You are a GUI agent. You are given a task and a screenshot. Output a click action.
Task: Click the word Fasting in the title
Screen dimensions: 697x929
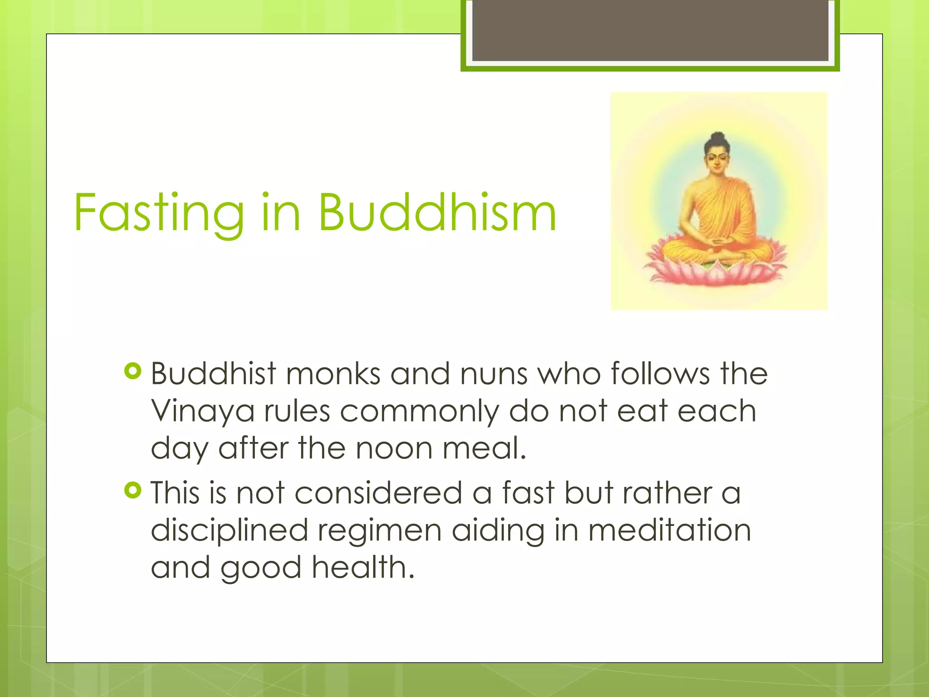click(x=159, y=213)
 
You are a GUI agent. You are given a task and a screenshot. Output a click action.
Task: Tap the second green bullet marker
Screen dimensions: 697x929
click(x=132, y=491)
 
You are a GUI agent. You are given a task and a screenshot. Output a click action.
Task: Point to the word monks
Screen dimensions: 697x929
click(x=333, y=374)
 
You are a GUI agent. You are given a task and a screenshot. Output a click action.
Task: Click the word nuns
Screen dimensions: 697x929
click(x=494, y=375)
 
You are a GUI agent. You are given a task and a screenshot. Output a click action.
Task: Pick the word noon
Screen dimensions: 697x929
click(x=394, y=448)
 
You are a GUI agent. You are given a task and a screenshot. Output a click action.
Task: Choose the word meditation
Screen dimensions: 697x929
click(x=670, y=530)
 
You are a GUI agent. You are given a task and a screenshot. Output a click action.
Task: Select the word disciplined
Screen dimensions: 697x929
click(x=229, y=531)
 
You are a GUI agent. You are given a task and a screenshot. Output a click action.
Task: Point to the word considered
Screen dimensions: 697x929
click(x=378, y=493)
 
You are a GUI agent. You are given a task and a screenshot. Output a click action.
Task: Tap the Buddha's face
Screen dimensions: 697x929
click(x=717, y=161)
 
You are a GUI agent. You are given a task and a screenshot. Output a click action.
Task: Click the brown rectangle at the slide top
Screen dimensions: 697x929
click(x=650, y=30)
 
